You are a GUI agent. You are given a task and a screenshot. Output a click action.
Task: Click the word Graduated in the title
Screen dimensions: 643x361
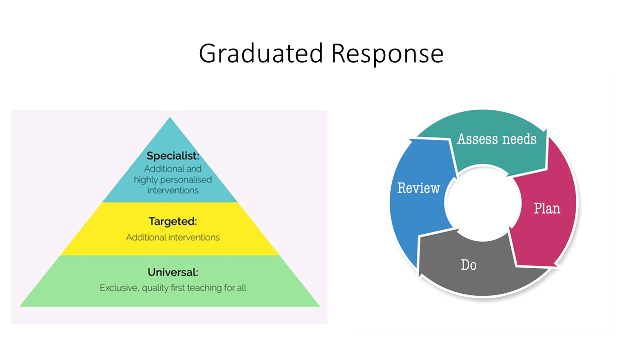point(261,54)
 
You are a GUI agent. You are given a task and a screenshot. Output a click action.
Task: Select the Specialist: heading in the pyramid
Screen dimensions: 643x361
point(173,156)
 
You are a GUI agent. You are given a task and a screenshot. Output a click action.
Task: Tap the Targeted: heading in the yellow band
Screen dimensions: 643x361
point(173,222)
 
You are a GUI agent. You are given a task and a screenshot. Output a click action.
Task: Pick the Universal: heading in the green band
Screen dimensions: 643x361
point(173,272)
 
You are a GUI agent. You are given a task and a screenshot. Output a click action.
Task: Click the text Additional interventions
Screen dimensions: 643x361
point(173,237)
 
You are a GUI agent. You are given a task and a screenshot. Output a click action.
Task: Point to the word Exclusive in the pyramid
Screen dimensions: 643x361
point(119,288)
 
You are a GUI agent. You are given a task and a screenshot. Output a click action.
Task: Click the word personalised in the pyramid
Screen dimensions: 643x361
point(186,180)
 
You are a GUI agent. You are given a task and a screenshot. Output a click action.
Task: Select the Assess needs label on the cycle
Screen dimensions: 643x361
point(497,139)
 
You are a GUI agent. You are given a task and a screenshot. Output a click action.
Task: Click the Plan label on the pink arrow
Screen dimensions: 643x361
point(547,208)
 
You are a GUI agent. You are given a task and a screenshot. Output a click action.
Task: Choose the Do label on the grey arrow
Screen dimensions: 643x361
point(469,265)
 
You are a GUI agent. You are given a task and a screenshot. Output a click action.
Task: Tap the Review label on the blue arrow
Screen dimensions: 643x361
point(418,188)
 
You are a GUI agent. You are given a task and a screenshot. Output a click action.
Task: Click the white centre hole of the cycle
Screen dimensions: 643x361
point(483,203)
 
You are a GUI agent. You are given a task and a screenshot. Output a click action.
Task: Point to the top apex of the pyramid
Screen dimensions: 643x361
point(170,117)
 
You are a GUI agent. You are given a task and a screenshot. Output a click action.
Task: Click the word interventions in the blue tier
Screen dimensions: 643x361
point(173,191)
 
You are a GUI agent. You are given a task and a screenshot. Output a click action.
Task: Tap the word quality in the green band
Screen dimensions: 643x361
point(155,288)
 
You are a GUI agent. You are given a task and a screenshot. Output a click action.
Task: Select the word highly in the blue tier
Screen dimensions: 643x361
point(146,180)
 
